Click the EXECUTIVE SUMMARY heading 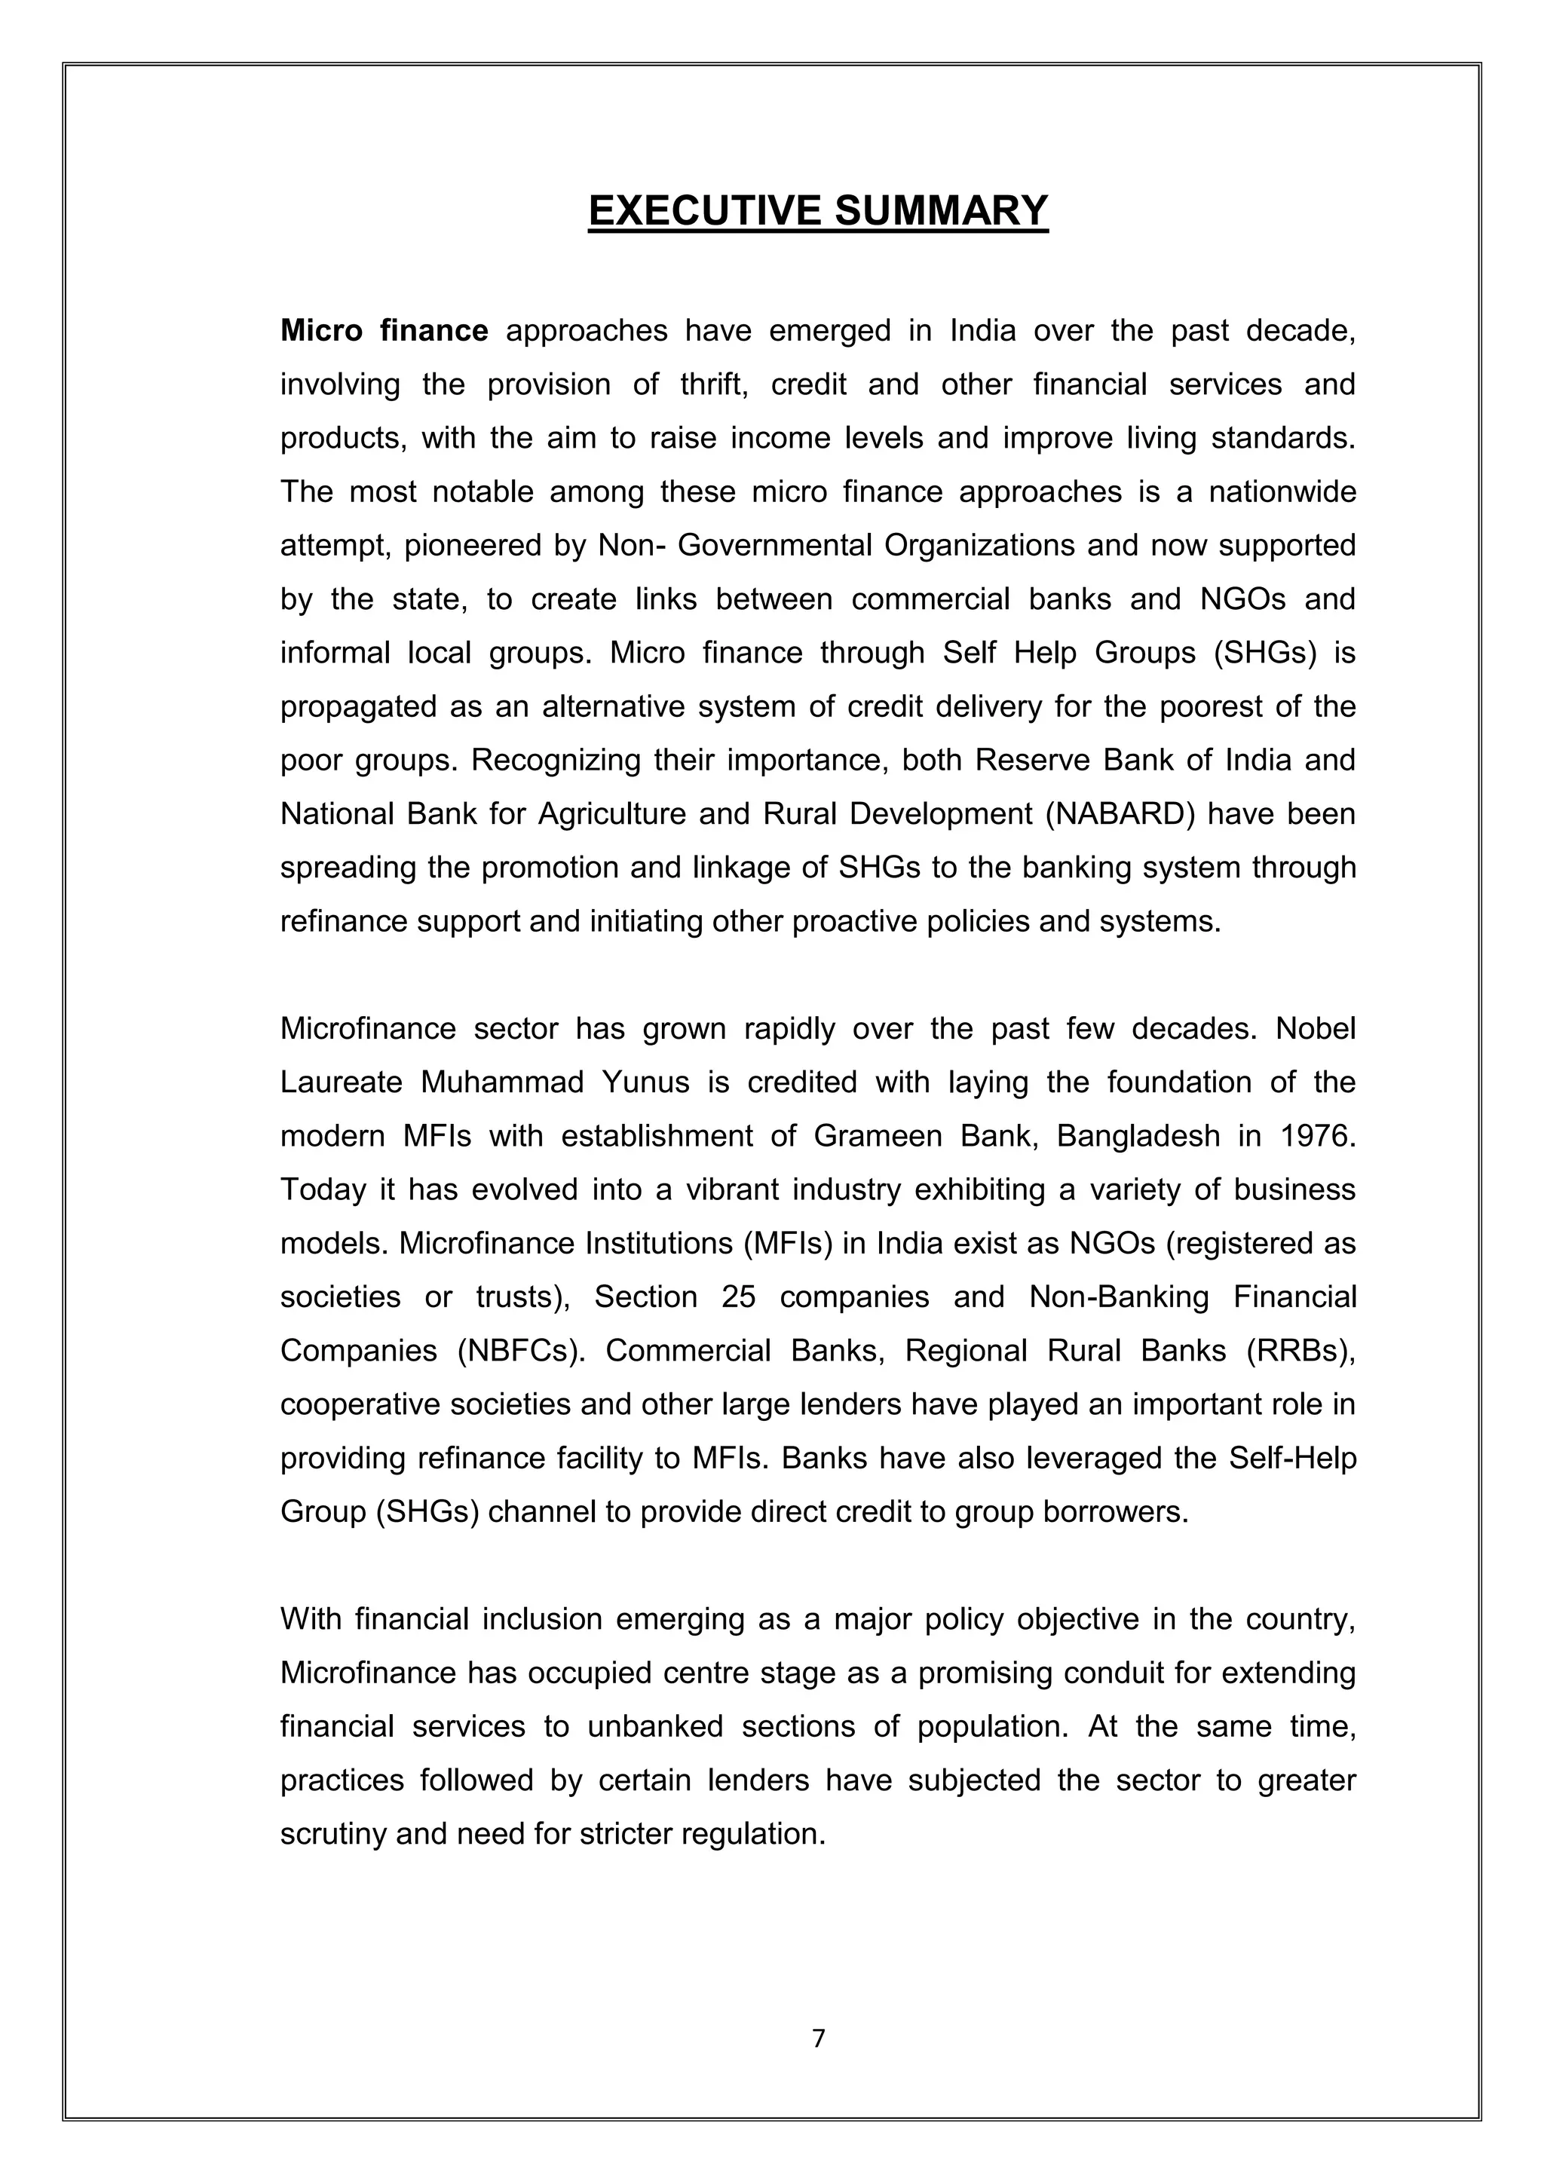click(818, 210)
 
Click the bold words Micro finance click(384, 331)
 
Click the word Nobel click(1315, 1029)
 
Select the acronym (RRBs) click(1300, 1351)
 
